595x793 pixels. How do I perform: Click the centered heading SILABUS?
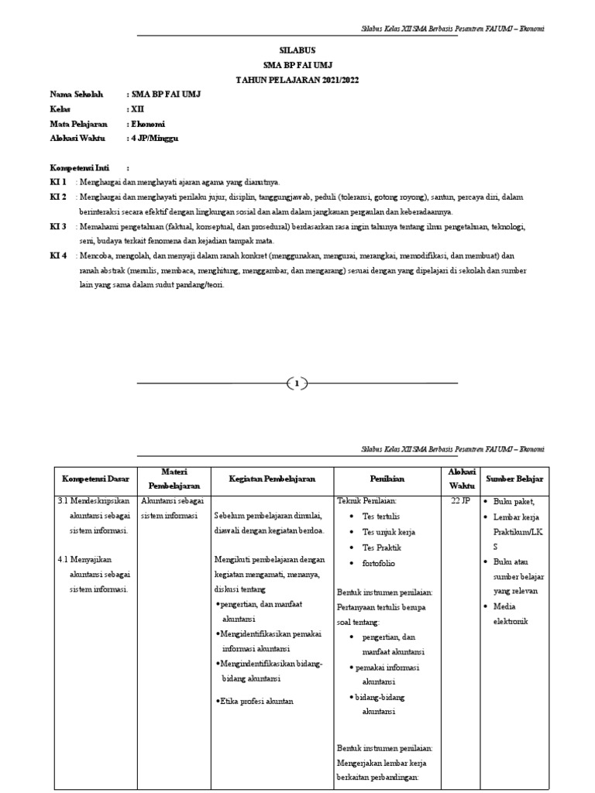[297, 50]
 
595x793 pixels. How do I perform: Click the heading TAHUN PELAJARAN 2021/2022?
[297, 80]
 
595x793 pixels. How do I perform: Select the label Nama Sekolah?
[76, 94]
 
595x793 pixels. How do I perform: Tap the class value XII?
[137, 109]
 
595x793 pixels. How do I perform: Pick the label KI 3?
[58, 226]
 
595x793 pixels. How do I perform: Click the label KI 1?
[58, 182]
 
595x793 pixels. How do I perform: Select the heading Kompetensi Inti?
[79, 167]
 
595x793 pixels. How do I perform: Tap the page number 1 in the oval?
[297, 383]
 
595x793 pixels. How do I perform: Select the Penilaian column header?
[384, 479]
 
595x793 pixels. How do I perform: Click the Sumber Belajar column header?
[514, 479]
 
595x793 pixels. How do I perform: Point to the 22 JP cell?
[460, 501]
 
